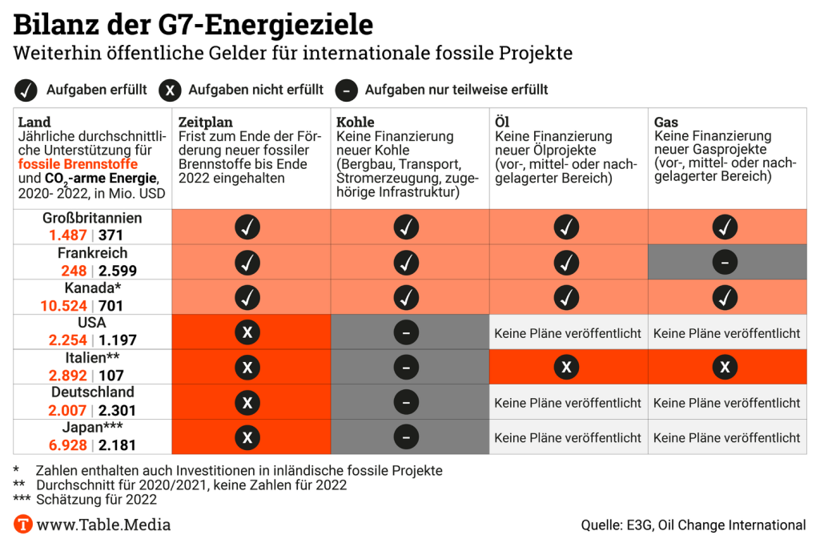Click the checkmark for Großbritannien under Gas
tap(725, 227)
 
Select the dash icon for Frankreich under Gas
tap(725, 262)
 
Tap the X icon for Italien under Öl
tap(567, 367)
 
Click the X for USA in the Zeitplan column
tap(247, 332)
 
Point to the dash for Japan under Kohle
tap(406, 437)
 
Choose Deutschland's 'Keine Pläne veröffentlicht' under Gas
tap(726, 403)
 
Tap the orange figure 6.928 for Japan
tap(66, 444)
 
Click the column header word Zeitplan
tap(205, 123)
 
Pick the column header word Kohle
tap(356, 123)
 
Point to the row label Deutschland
tap(93, 392)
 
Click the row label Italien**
tap(93, 358)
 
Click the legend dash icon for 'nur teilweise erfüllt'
tap(345, 90)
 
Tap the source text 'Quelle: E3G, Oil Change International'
tap(693, 525)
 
